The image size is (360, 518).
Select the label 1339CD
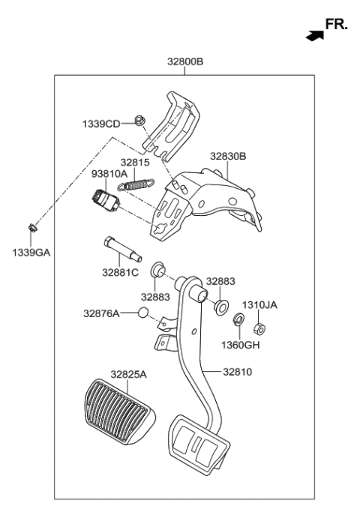tap(101, 123)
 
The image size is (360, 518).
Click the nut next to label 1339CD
tap(139, 120)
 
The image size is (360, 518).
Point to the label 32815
tap(136, 161)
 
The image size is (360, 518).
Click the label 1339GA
tap(31, 254)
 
